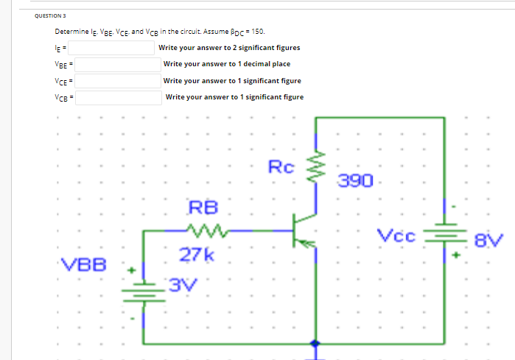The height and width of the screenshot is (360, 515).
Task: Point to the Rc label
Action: [281, 167]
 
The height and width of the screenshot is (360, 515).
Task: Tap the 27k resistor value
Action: [197, 255]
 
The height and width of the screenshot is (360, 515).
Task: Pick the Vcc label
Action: [397, 237]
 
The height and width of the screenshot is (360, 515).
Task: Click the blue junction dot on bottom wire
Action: [317, 344]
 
